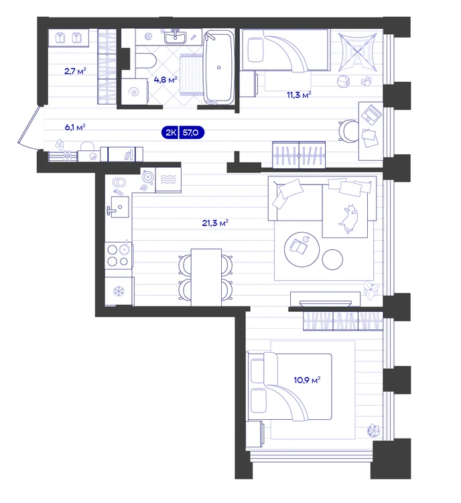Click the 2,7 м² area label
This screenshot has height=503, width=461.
(x=75, y=71)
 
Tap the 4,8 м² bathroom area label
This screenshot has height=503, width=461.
(x=166, y=79)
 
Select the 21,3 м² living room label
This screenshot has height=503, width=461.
(x=215, y=223)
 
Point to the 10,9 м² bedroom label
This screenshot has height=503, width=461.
(x=307, y=380)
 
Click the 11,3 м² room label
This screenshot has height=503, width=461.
(x=299, y=95)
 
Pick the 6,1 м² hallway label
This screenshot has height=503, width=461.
(x=75, y=127)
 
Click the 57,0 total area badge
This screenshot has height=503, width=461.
(x=191, y=132)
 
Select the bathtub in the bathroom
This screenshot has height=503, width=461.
(x=219, y=67)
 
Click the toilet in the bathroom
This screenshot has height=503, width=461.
(x=145, y=61)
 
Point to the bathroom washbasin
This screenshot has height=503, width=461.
(x=175, y=37)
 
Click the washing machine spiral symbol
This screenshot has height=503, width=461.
(x=134, y=92)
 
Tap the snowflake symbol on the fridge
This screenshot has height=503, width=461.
(x=119, y=291)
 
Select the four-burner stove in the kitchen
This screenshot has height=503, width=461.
(x=119, y=256)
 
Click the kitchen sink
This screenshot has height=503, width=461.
(x=119, y=207)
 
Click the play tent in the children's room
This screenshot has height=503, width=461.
(x=357, y=52)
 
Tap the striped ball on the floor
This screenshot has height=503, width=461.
(x=343, y=81)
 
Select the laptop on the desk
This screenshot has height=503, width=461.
(x=372, y=115)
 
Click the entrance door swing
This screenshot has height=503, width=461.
(x=28, y=129)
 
